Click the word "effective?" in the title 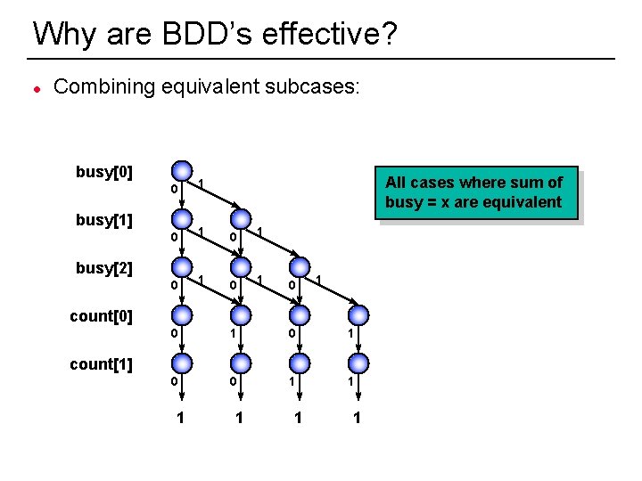tap(326, 35)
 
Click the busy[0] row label tap(104, 172)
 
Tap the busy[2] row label tap(104, 267)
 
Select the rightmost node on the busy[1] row tap(240, 219)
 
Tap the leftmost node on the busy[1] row tap(181, 219)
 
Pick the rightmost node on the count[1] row tap(357, 363)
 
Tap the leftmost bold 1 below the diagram tap(181, 417)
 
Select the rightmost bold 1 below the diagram tap(357, 417)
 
